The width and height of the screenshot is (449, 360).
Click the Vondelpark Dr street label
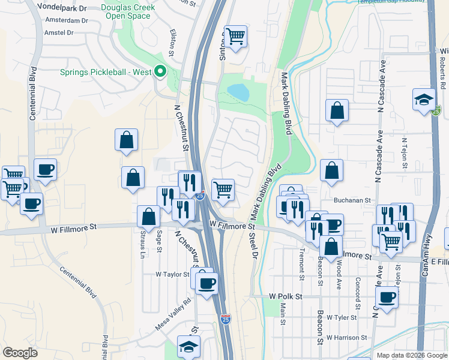[x=62, y=7]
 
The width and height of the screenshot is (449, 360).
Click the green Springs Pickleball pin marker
[x=160, y=72]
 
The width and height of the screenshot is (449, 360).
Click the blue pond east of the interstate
[x=238, y=92]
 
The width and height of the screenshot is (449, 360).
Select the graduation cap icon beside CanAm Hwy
[x=424, y=100]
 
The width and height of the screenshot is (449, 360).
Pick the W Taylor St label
[x=172, y=274]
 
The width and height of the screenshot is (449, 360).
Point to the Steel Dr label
[x=253, y=246]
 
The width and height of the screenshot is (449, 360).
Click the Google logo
[x=20, y=352]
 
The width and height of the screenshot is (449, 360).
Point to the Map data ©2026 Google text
[x=411, y=355]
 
